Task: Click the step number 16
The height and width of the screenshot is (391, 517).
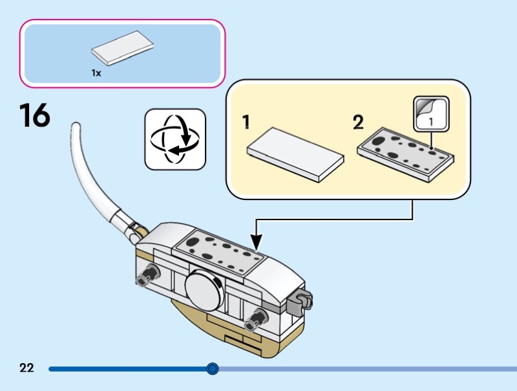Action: coord(34,116)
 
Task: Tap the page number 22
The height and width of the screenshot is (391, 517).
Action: coord(26,368)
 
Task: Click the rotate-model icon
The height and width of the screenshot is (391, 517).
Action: coord(174,139)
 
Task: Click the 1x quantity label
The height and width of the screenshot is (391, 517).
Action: coord(96,73)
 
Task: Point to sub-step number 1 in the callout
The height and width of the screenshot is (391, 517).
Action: coord(246,121)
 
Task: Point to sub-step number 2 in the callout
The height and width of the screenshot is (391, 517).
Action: coord(358,122)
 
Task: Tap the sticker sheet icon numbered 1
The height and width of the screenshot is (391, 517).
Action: coord(430,113)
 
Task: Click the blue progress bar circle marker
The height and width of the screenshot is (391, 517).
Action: coord(213,369)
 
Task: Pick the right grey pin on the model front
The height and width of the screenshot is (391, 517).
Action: coord(259,317)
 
